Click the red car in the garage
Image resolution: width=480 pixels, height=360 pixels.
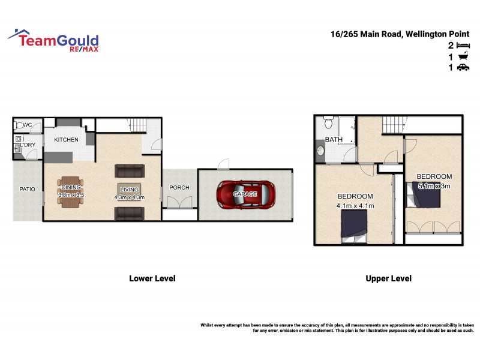(246, 194)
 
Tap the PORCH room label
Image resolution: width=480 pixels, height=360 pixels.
(179, 188)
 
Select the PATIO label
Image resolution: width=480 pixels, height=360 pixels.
(28, 189)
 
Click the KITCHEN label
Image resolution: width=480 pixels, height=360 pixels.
(67, 140)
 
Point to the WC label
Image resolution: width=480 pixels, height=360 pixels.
(28, 125)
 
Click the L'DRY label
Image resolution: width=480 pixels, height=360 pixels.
(28, 145)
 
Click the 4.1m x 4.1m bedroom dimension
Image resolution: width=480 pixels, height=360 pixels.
(356, 206)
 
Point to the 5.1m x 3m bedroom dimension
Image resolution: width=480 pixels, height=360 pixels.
(434, 186)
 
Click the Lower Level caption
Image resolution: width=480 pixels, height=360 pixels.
(152, 278)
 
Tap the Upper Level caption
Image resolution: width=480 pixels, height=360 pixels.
(389, 278)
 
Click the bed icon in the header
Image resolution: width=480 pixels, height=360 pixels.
(463, 45)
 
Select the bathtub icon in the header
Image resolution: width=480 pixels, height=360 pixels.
(463, 56)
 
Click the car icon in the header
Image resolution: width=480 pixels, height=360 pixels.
(463, 68)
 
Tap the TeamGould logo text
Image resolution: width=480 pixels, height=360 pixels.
(57, 41)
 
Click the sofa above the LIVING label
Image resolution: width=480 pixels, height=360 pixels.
(130, 171)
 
